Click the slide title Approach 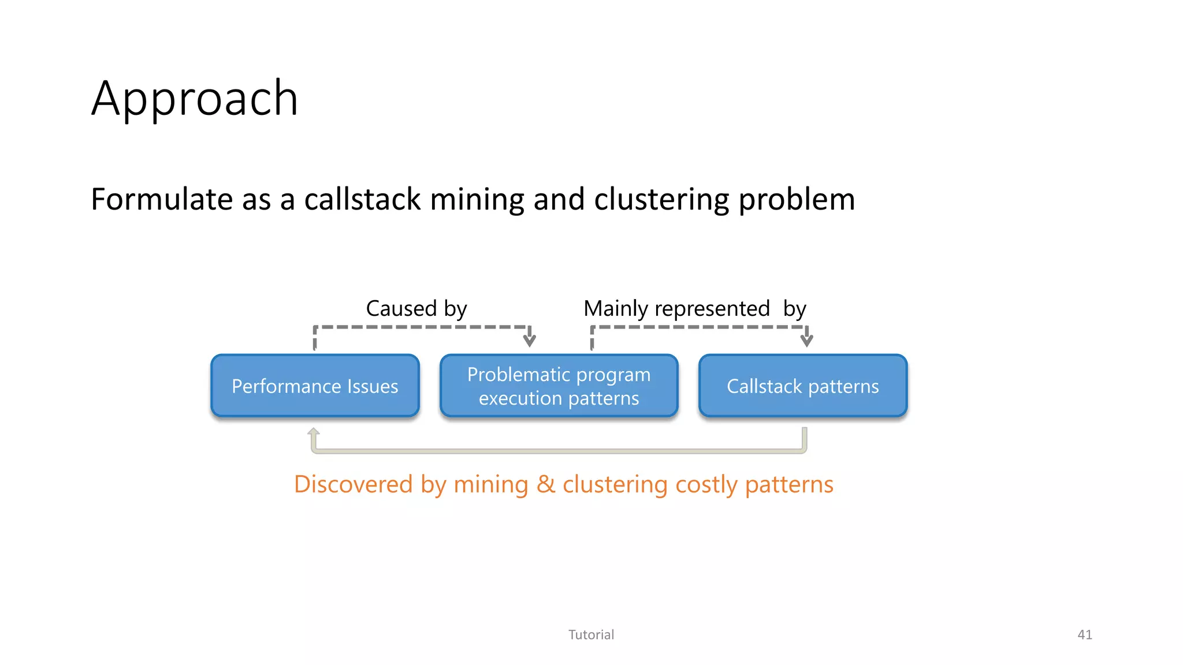point(195,99)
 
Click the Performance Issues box point(315,386)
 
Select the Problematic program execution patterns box point(559,386)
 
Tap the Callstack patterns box point(802,386)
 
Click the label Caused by point(416,308)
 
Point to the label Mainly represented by point(694,308)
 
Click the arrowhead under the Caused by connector point(529,340)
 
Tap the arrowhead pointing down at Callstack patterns point(807,340)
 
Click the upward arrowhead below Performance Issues point(314,432)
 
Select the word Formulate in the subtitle point(161,199)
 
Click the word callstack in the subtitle point(362,199)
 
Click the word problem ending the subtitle point(797,199)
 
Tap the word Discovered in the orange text point(353,484)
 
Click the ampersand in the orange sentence point(545,484)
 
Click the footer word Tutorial point(591,634)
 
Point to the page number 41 point(1084,634)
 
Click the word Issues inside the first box point(373,386)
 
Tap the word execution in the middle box point(520,398)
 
